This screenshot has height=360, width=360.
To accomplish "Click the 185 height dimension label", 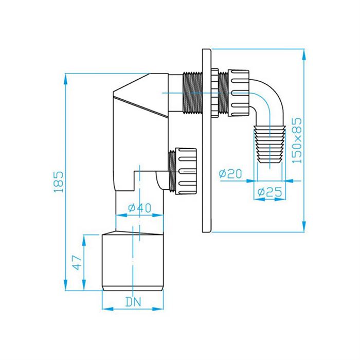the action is pyautogui.click(x=59, y=182).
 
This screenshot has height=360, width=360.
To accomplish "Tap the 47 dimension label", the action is pyautogui.click(x=77, y=262).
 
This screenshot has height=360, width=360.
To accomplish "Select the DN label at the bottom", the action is pyautogui.click(x=133, y=302).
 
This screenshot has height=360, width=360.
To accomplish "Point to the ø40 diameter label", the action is pyautogui.click(x=139, y=208).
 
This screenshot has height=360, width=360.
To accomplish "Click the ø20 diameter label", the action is pyautogui.click(x=230, y=174).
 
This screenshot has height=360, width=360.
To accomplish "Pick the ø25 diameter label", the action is pyautogui.click(x=269, y=192).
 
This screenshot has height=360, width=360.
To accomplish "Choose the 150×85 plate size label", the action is pyautogui.click(x=297, y=140).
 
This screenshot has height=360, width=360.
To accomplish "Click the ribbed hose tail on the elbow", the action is pyautogui.click(x=269, y=144).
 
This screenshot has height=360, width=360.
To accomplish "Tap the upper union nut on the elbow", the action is pyautogui.click(x=238, y=93).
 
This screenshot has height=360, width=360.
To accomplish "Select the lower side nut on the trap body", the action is pyautogui.click(x=186, y=171).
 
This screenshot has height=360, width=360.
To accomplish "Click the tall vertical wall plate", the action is pyautogui.click(x=207, y=140).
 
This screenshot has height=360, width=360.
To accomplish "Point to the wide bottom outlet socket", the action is pyautogui.click(x=133, y=262).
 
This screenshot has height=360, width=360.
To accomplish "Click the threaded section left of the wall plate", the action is pyautogui.click(x=193, y=93).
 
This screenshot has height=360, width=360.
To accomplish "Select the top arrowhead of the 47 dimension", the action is pyautogui.click(x=84, y=240).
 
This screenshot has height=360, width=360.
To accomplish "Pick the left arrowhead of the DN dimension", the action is pyautogui.click(x=107, y=309).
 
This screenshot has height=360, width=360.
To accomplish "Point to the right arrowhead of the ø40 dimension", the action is pyautogui.click(x=158, y=215).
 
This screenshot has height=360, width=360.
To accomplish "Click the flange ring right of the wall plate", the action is pyautogui.click(x=215, y=93).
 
